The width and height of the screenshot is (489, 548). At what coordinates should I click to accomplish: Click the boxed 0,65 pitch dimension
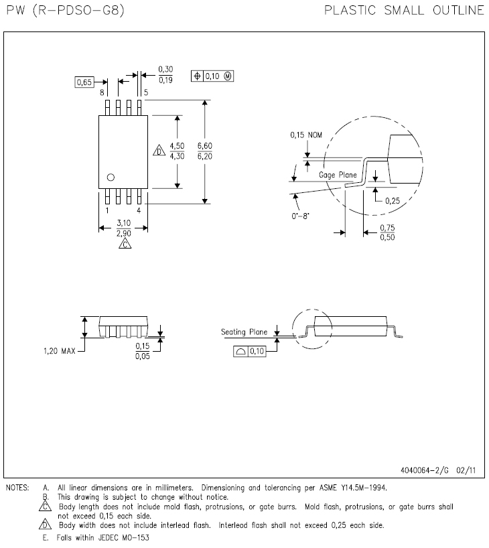point(84,82)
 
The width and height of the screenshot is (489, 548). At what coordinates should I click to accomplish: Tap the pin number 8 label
point(102,92)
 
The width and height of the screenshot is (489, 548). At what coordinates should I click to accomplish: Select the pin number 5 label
point(145,92)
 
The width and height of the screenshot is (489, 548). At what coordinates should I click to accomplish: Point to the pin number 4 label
point(139,210)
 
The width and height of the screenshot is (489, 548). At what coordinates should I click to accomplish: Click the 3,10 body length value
point(123,223)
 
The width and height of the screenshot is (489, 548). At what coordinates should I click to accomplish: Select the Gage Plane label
point(338,175)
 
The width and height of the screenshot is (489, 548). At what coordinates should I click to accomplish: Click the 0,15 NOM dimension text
point(306,135)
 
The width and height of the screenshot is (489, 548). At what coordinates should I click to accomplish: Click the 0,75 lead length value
point(387,228)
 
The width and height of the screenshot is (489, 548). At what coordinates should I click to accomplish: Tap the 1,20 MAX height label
point(60,350)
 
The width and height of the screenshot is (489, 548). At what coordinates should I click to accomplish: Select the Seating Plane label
point(244,332)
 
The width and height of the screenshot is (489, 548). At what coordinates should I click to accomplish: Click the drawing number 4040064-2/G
point(422,470)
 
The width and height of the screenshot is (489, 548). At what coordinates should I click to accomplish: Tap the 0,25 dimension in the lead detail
point(392,200)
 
